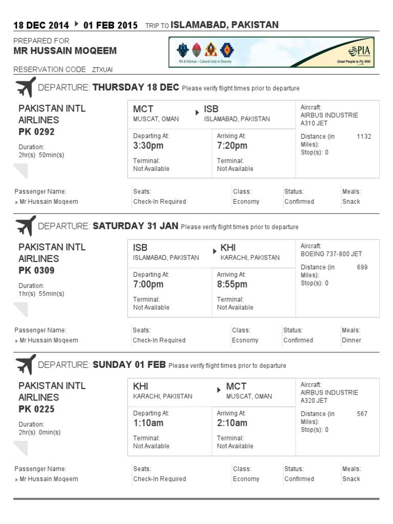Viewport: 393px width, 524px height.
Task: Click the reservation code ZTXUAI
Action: pyautogui.click(x=103, y=70)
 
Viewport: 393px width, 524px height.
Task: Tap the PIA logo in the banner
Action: pyautogui.click(x=358, y=51)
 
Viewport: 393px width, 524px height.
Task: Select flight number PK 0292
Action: pyautogui.click(x=36, y=132)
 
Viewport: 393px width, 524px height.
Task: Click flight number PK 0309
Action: pyautogui.click(x=36, y=271)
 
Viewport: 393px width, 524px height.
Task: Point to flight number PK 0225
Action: pyautogui.click(x=36, y=409)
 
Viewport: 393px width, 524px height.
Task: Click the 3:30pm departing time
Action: pyautogui.click(x=148, y=146)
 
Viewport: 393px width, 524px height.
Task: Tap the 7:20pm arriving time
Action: pyautogui.click(x=232, y=146)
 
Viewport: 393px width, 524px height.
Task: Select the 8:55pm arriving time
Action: pyautogui.click(x=232, y=285)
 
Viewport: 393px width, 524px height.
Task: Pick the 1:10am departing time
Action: pyautogui.click(x=148, y=423)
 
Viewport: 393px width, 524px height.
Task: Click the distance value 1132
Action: pyautogui.click(x=364, y=137)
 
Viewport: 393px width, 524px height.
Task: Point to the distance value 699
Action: pyautogui.click(x=362, y=267)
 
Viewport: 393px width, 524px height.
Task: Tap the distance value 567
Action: pyautogui.click(x=362, y=414)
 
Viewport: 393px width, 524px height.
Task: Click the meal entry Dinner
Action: pyautogui.click(x=351, y=340)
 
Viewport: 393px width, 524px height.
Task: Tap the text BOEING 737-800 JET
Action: pyautogui.click(x=331, y=254)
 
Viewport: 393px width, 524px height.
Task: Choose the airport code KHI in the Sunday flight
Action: pyautogui.click(x=141, y=386)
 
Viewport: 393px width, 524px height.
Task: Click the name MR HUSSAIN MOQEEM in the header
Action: pyautogui.click(x=65, y=51)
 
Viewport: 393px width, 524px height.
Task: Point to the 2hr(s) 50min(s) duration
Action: pyautogui.click(x=41, y=155)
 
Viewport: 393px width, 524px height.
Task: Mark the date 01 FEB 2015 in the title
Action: pyautogui.click(x=110, y=26)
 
